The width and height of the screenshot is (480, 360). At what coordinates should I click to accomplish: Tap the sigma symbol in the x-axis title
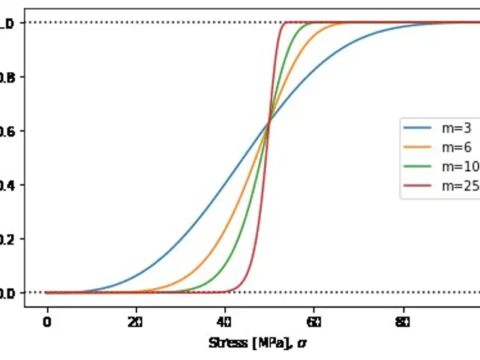click(x=302, y=343)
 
